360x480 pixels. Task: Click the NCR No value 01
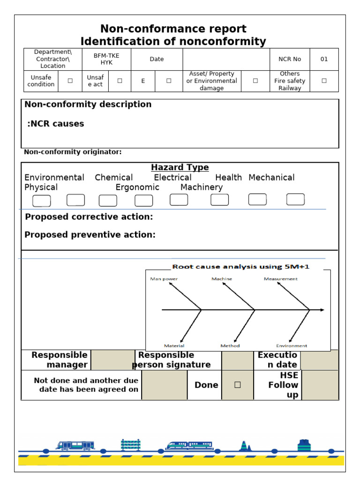[x=324, y=59]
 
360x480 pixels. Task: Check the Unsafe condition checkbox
[x=70, y=81]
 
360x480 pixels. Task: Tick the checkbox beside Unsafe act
[x=120, y=81]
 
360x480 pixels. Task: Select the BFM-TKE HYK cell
[x=106, y=59]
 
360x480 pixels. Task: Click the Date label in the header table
[x=157, y=59]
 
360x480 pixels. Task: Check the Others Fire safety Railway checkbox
[x=324, y=81]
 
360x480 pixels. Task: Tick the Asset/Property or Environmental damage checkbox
[x=255, y=81]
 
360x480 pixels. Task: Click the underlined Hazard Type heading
[x=180, y=167]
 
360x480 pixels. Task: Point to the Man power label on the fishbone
[x=164, y=279]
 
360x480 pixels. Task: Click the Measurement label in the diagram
[x=280, y=279]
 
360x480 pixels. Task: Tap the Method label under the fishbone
[x=230, y=346]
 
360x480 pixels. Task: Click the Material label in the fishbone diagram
[x=174, y=346]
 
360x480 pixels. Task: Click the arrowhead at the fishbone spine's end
[x=322, y=310]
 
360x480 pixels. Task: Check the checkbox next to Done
[x=237, y=385]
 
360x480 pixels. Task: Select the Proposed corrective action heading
[x=89, y=217]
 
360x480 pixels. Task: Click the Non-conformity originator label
[x=73, y=152]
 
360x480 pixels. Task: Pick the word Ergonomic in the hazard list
[x=137, y=187]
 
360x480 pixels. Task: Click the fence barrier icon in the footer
[x=130, y=445]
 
